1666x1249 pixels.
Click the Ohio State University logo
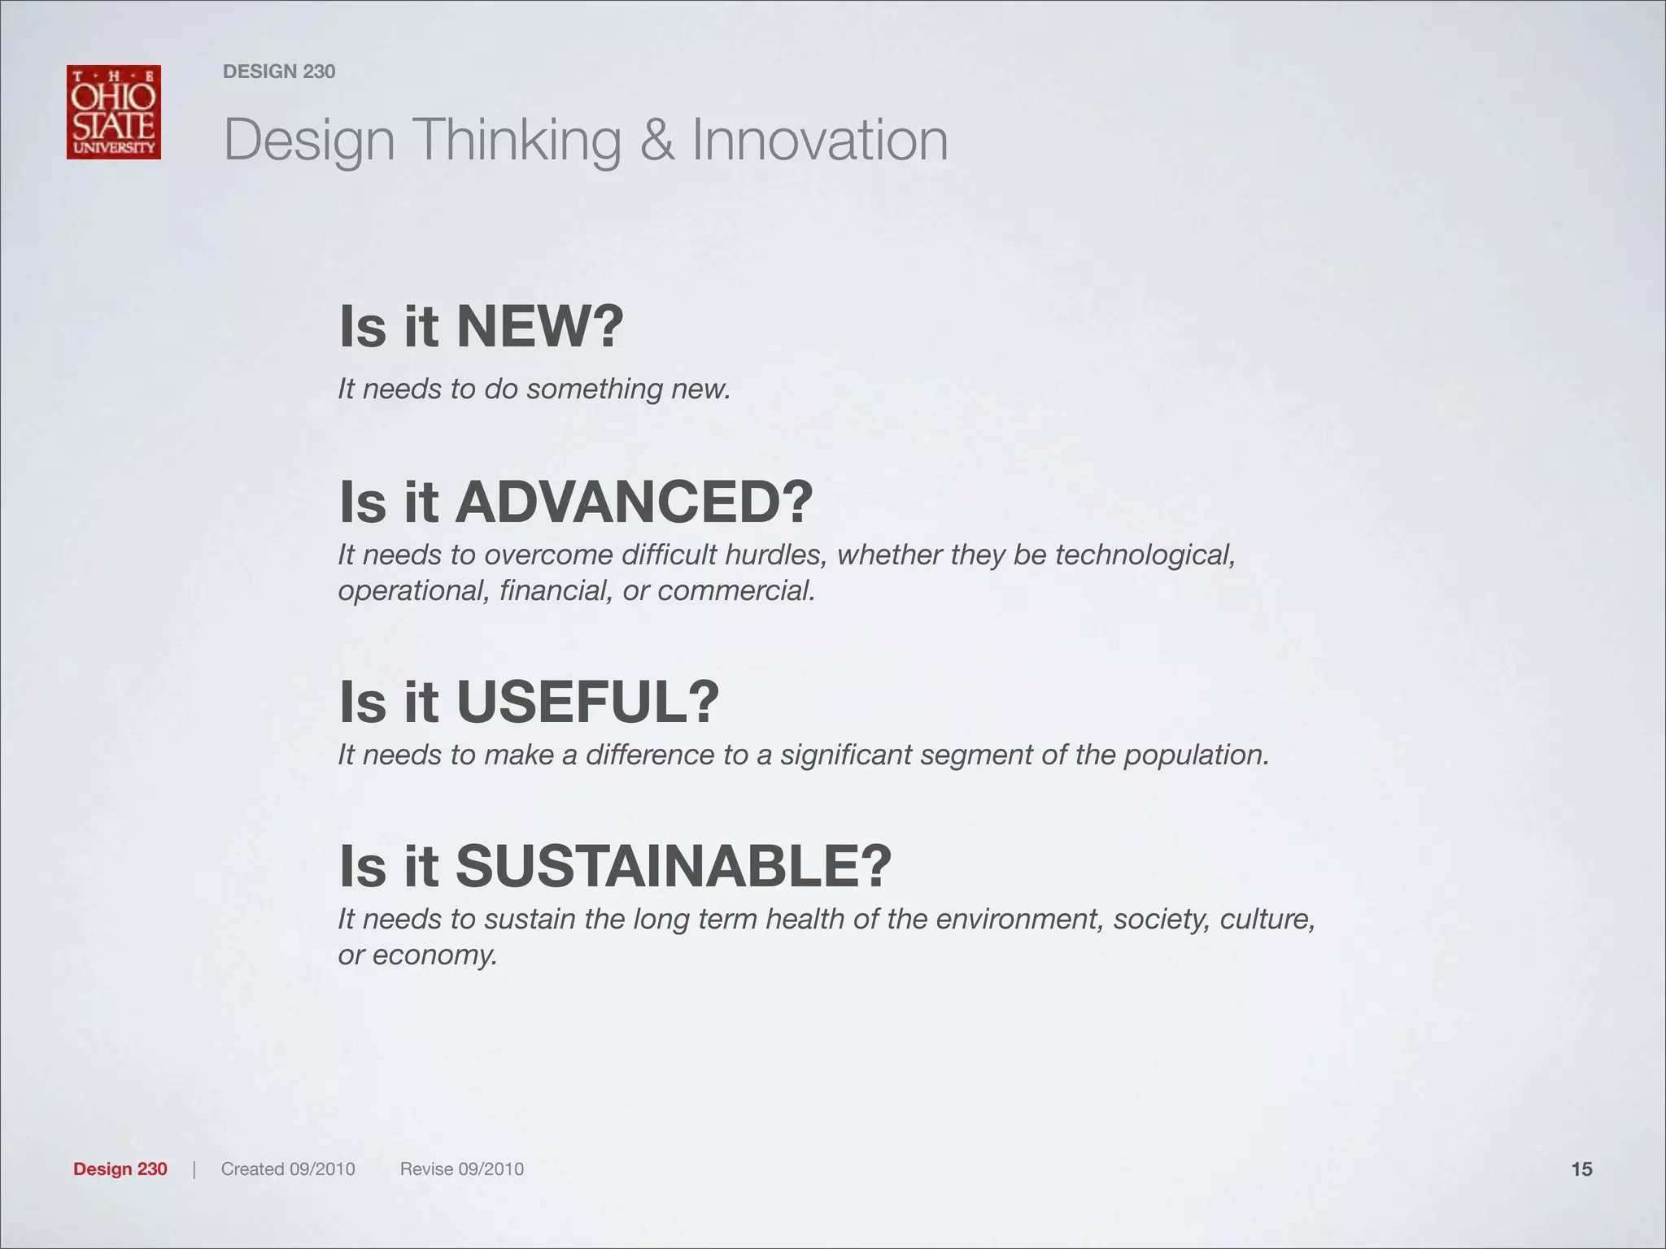click(x=114, y=112)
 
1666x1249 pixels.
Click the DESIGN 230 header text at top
click(x=279, y=72)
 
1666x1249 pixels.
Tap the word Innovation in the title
click(x=820, y=140)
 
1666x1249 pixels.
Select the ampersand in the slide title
click(x=656, y=140)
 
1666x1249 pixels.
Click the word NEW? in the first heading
click(x=540, y=327)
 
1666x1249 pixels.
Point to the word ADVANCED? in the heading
click(x=634, y=503)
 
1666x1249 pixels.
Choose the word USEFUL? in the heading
click(x=587, y=702)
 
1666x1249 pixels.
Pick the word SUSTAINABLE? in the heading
click(x=673, y=867)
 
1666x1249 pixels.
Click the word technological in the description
click(x=1145, y=555)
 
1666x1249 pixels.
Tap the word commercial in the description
click(x=736, y=590)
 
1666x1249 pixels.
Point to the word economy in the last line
click(x=434, y=955)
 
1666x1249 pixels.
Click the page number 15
click(x=1581, y=1169)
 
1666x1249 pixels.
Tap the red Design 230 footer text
click(x=120, y=1169)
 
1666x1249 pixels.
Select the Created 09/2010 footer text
click(x=288, y=1169)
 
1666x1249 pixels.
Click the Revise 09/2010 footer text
click(x=462, y=1169)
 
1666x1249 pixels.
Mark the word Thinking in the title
click(x=518, y=140)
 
